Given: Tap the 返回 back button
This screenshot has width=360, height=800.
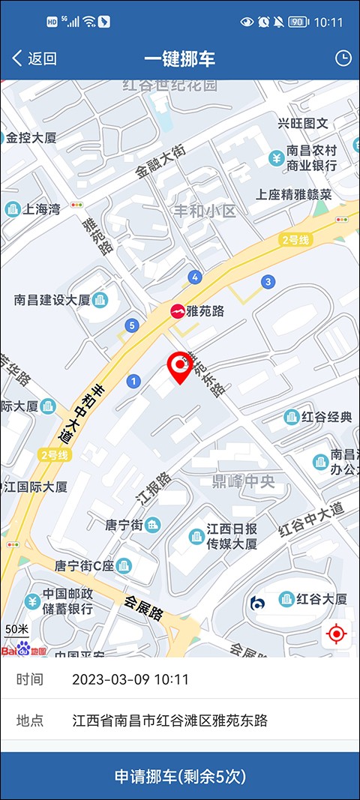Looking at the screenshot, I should click(34, 58).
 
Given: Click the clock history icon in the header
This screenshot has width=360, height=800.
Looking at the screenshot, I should click(343, 58).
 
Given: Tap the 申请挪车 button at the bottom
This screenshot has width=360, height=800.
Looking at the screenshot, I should click(180, 776).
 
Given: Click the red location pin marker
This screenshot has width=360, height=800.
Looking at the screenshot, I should click(179, 366).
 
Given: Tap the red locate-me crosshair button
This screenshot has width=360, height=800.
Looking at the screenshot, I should click(336, 634).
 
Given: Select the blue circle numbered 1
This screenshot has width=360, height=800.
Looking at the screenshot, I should click(134, 382).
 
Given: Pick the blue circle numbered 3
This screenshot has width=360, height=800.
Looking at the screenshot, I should click(268, 281).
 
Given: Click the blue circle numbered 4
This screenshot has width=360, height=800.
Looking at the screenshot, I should click(195, 277).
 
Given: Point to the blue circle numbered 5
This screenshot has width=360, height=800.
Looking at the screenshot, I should click(132, 325).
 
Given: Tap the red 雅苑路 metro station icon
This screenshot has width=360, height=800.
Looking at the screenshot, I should click(178, 310).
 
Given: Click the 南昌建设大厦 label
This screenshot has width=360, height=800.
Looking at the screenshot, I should click(52, 300).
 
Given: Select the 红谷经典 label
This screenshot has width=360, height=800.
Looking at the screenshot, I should click(326, 417).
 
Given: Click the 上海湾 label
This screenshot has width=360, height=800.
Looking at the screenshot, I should click(42, 209).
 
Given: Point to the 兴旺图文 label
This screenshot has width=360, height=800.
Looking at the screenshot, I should click(303, 124).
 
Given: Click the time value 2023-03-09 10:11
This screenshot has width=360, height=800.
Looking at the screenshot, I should click(130, 679).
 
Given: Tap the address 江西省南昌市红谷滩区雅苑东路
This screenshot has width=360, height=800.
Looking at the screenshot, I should click(170, 721).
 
